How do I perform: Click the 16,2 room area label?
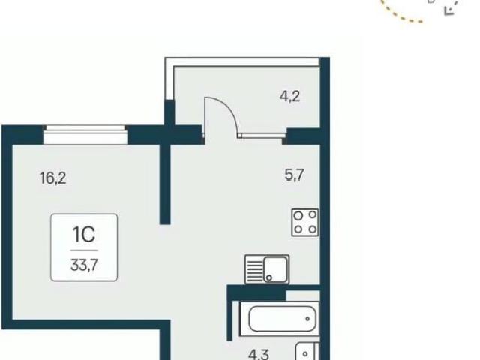[x=53, y=178]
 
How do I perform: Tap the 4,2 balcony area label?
[x=289, y=96]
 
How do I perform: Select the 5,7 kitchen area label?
[x=294, y=175]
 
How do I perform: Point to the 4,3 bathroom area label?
[x=259, y=355]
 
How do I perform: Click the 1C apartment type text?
[x=84, y=235]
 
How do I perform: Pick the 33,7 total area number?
[x=84, y=265]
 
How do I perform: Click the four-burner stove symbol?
[x=305, y=222]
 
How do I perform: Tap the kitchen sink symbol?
[x=267, y=269]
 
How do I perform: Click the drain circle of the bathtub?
[x=307, y=319]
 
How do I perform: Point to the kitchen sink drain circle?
[x=269, y=277]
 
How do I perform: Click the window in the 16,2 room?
[x=85, y=135]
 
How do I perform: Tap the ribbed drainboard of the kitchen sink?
[x=254, y=269]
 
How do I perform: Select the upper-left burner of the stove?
[x=298, y=216]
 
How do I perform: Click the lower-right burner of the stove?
[x=313, y=229]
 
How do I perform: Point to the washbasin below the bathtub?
[x=307, y=352]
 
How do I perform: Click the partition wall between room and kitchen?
[x=165, y=184]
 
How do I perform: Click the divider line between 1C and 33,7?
[x=84, y=250]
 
